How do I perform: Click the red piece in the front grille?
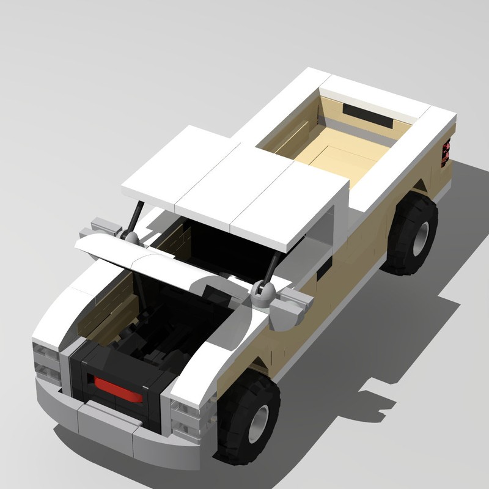(118, 389)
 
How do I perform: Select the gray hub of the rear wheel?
(419, 235)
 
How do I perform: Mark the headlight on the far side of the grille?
(46, 361)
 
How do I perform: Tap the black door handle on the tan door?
(324, 269)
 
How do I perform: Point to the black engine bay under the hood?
(165, 318)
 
